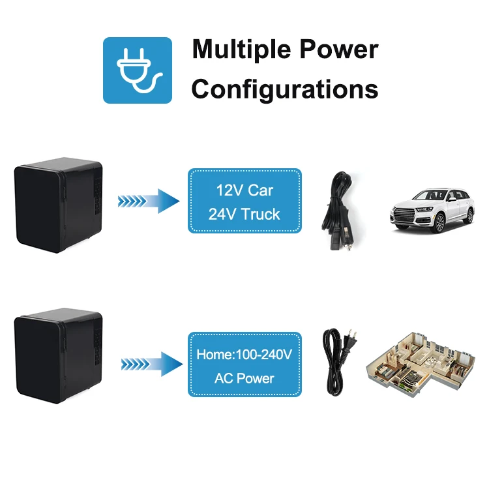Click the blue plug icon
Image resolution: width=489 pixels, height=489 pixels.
138,70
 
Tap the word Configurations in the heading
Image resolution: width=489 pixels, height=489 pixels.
285,89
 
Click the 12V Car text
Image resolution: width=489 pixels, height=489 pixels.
244,191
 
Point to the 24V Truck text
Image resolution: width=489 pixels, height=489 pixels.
244,214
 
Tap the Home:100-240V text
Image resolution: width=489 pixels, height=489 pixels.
244,356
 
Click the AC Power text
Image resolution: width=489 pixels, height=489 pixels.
244,378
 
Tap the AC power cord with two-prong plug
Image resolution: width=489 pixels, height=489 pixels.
338,362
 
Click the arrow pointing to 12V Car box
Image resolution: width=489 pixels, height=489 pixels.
148,201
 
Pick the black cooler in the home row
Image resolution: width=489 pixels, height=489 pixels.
59,356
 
